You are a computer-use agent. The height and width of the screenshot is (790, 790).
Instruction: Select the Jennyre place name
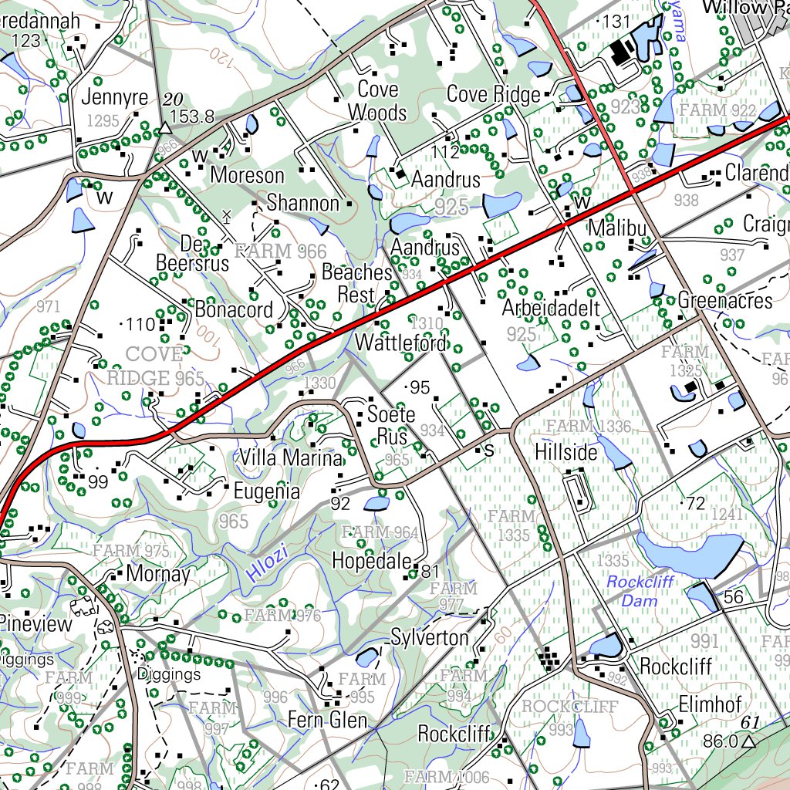coord(115,99)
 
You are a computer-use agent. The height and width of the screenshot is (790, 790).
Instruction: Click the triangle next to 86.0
coord(748,742)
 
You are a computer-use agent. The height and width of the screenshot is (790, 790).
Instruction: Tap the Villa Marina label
coord(290,458)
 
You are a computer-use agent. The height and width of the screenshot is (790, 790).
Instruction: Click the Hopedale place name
coord(372,561)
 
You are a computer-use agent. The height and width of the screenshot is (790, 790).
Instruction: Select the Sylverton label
coord(430,638)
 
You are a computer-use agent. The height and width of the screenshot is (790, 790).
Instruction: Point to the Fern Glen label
coord(327,721)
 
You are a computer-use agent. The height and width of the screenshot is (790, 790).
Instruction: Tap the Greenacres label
coord(725,301)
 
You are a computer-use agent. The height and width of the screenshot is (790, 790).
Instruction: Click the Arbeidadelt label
coord(551,309)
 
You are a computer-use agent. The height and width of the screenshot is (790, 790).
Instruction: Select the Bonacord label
coord(234,309)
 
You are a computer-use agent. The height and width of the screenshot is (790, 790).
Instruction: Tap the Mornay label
coord(158,575)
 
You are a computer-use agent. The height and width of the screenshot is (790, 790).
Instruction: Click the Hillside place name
coord(565,452)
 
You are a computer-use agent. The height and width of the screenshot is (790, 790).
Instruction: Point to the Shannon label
coord(303,204)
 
